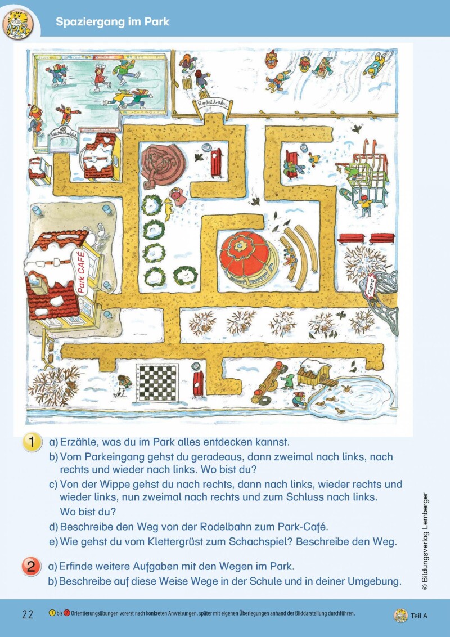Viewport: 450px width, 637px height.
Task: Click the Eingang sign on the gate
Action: [370, 285]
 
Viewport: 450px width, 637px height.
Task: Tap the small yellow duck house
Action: [314, 373]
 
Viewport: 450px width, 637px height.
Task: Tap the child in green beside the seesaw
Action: [288, 381]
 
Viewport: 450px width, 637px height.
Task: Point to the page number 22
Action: [28, 614]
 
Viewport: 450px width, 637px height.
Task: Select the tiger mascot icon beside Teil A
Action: [400, 615]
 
